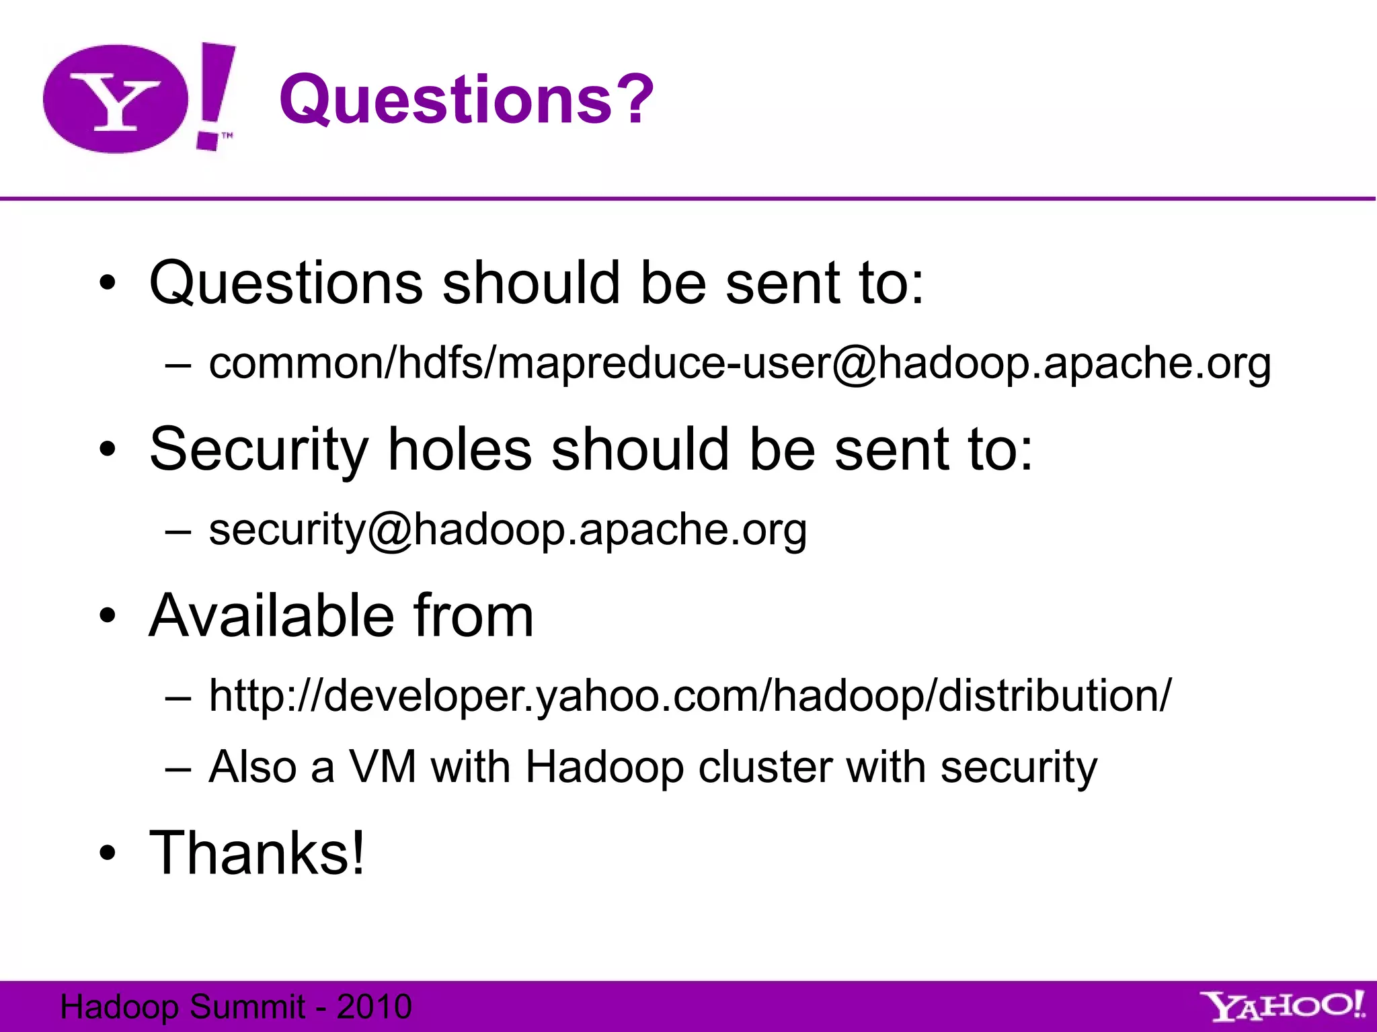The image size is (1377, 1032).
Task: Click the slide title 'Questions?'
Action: coord(466,99)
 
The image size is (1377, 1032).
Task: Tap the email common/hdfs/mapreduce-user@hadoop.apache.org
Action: coord(740,363)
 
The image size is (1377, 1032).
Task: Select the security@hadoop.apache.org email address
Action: coord(508,529)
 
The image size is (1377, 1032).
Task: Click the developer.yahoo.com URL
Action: coord(690,695)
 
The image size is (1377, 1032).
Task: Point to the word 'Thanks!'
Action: coord(257,853)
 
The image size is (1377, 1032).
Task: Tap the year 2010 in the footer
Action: coord(374,1006)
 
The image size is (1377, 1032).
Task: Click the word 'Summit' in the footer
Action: coord(247,1006)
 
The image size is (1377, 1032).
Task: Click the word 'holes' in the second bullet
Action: coord(460,449)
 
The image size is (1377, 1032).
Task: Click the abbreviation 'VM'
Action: coord(383,767)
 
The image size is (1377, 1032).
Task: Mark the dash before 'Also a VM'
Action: coord(178,768)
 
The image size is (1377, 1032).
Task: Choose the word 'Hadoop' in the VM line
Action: coord(604,767)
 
